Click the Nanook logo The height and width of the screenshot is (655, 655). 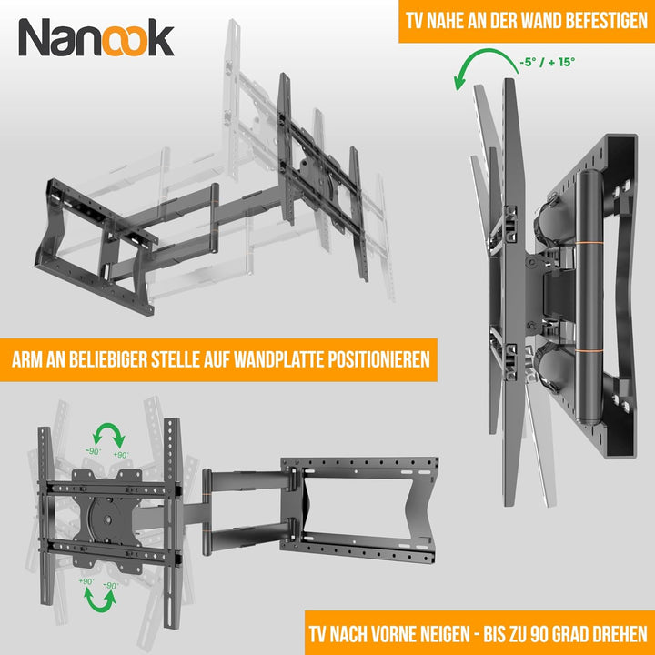click(96, 37)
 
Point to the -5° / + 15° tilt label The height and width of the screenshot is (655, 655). click(548, 62)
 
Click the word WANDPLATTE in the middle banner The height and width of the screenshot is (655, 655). click(278, 359)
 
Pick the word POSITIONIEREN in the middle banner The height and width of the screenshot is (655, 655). click(378, 359)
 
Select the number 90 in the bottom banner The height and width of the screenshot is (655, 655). click(540, 634)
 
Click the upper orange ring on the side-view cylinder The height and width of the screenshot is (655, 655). click(589, 243)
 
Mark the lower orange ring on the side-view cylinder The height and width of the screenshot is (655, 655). click(589, 350)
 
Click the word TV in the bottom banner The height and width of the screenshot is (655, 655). click(318, 634)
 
